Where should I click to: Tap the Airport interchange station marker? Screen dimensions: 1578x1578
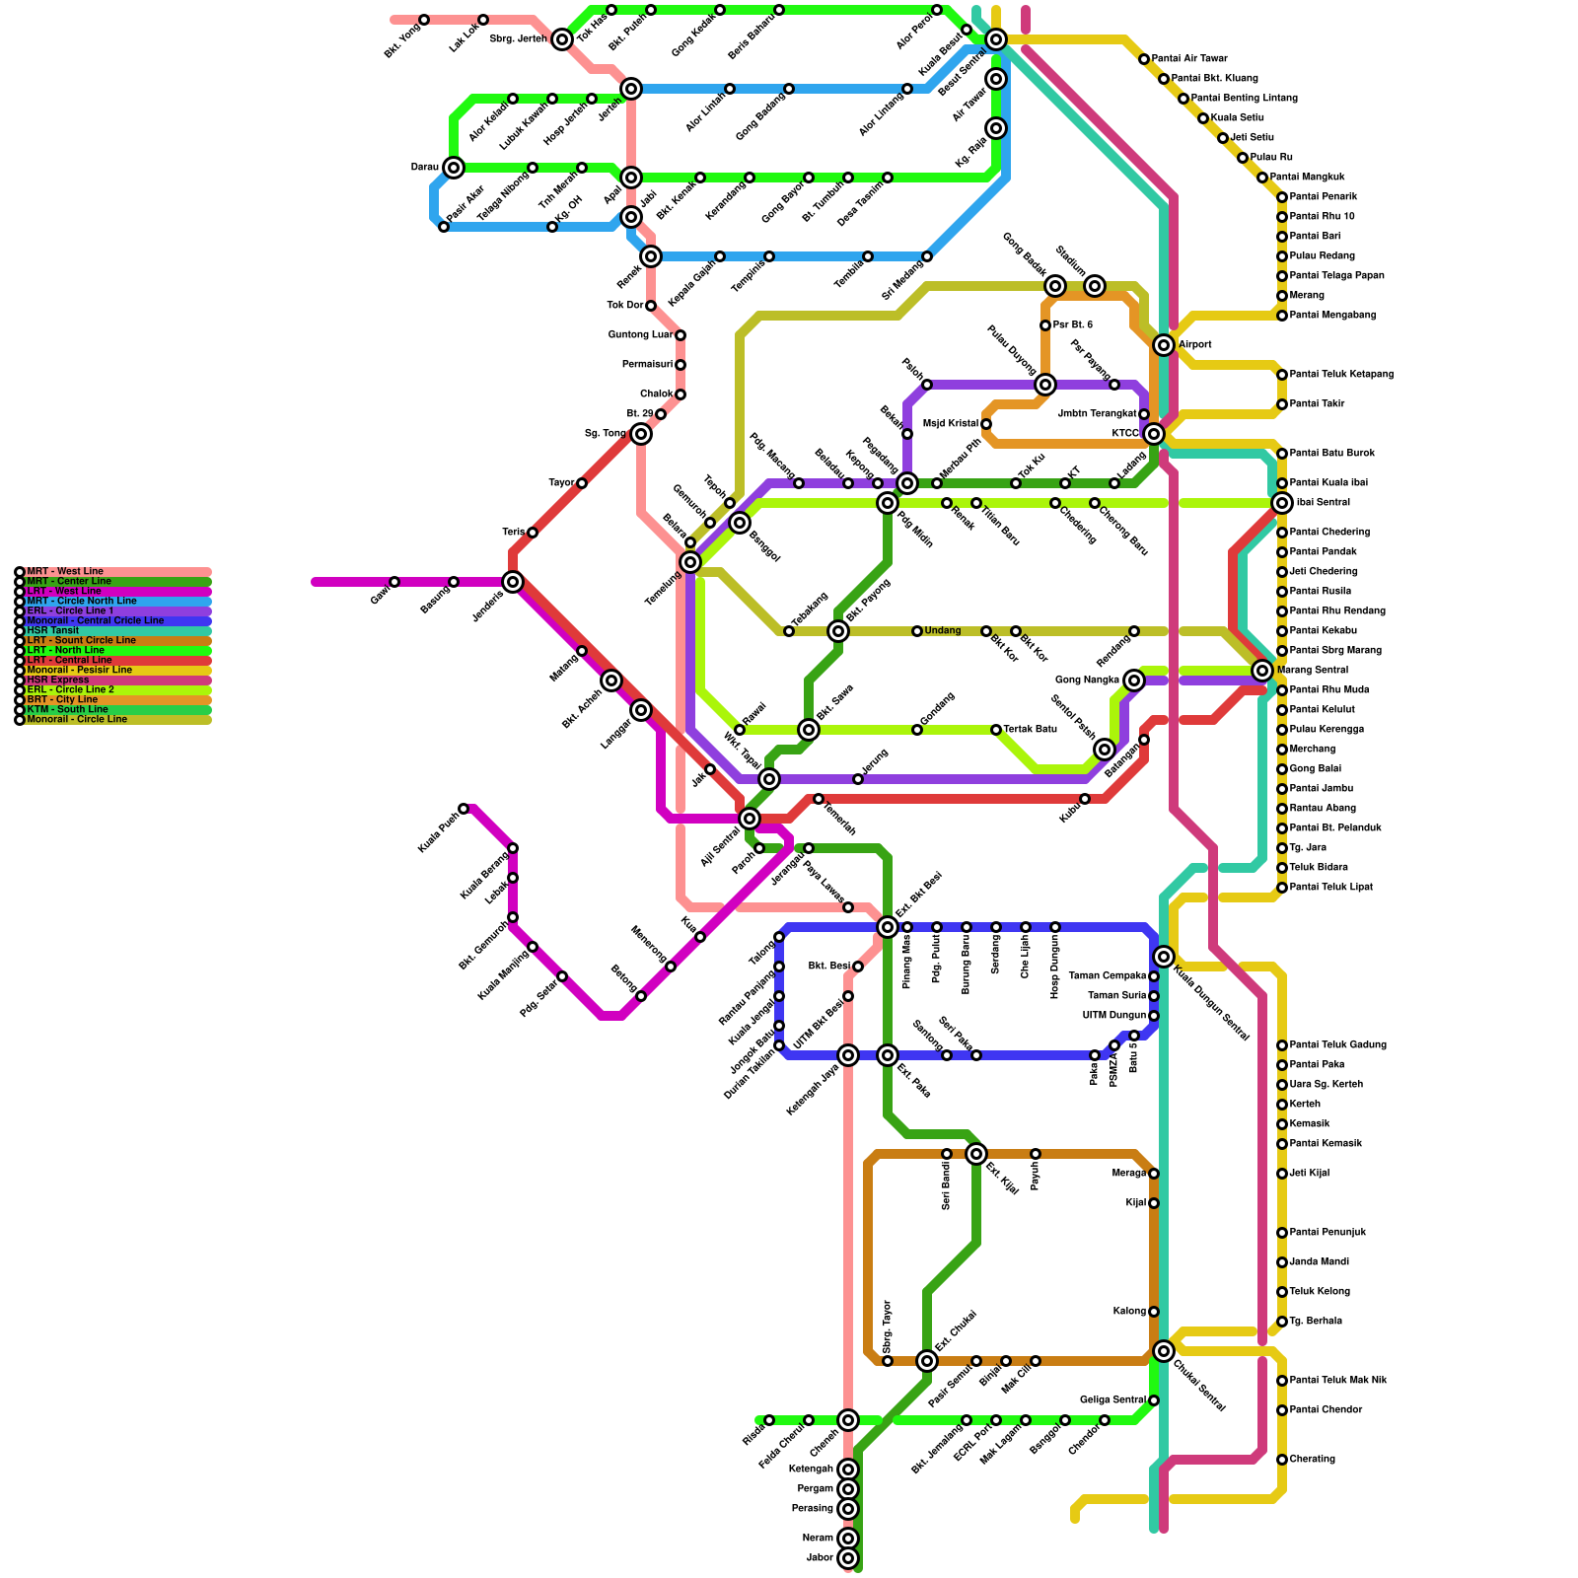[1164, 344]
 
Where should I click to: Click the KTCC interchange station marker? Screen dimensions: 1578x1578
[1154, 433]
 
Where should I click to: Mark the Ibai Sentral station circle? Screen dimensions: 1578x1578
[1282, 503]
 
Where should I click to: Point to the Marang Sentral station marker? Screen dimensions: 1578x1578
[1262, 671]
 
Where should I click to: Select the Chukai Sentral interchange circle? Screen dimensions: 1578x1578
[1164, 1351]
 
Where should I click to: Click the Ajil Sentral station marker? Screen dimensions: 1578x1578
[750, 819]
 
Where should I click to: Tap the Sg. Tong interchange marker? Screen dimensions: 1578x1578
[641, 434]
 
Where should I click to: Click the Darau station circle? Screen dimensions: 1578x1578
[454, 168]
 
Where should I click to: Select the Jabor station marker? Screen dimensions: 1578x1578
[848, 1558]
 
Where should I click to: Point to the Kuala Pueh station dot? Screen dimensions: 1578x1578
[464, 809]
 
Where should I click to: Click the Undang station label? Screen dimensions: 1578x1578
[942, 631]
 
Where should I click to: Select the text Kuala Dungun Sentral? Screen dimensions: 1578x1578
[1211, 1003]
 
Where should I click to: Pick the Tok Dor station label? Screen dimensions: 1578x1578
[625, 306]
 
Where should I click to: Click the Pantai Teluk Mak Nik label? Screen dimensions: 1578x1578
[1337, 1381]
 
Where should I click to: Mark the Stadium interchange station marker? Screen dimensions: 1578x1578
[1095, 286]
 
